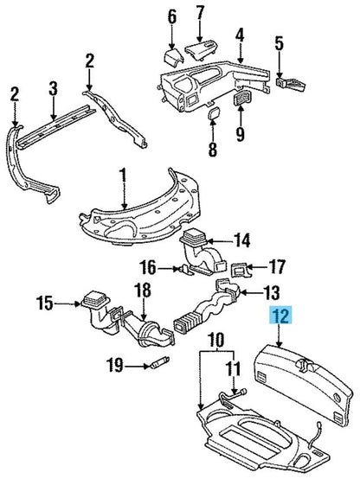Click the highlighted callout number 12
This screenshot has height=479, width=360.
pos(280,316)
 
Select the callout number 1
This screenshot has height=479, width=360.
pos(123,177)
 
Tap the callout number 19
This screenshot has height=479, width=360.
pos(115,366)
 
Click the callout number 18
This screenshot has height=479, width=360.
pos(143,291)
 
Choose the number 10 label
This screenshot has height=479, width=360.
pos(217,340)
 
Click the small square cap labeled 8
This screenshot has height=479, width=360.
pos(213,113)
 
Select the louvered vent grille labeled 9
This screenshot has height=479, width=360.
pos(241,98)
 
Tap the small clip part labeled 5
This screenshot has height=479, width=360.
pos(291,84)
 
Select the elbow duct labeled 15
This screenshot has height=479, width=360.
pos(96,311)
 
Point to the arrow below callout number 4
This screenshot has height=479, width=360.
pos(240,53)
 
